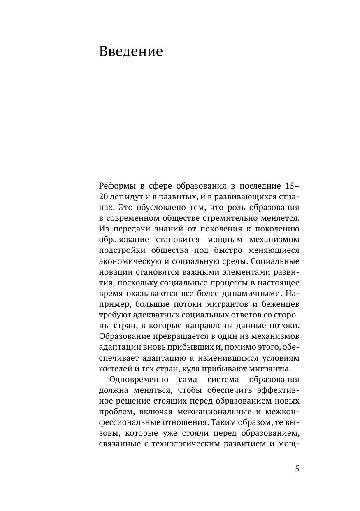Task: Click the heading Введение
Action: (131, 52)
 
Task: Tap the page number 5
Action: (297, 469)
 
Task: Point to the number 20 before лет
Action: (103, 196)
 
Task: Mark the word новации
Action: (115, 272)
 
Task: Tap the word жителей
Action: (114, 369)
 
